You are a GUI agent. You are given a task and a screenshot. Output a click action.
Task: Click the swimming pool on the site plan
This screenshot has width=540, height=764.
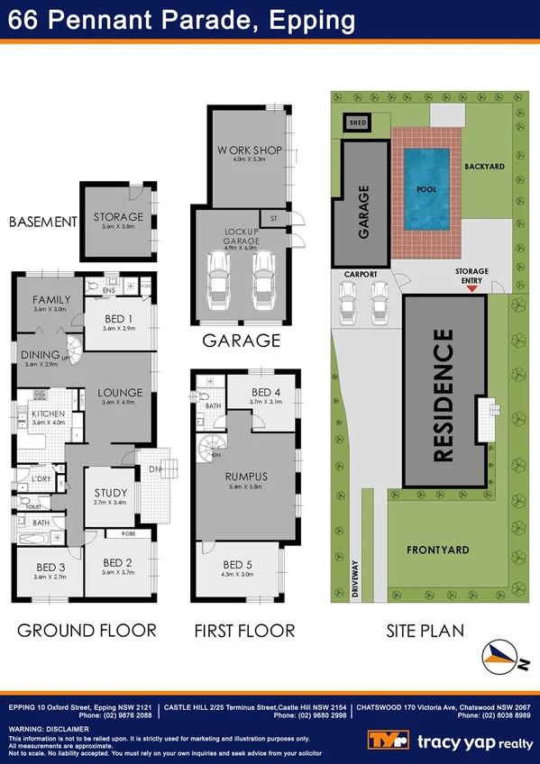pos(427,190)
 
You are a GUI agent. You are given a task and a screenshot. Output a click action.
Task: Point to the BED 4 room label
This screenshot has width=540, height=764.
pos(266,392)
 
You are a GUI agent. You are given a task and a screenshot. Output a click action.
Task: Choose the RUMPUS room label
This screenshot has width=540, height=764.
pos(247,476)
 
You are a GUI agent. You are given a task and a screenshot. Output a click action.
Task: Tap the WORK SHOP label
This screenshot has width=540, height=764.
pos(250,150)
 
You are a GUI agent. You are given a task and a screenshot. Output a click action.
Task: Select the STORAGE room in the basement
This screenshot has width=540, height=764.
pos(118,216)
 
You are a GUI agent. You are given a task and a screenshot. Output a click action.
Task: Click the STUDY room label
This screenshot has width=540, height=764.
pos(111,493)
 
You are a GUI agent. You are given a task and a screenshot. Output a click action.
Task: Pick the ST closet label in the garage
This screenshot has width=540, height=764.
pos(272,217)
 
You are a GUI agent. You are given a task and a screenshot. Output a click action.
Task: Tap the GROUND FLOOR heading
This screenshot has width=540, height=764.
pos(87,631)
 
